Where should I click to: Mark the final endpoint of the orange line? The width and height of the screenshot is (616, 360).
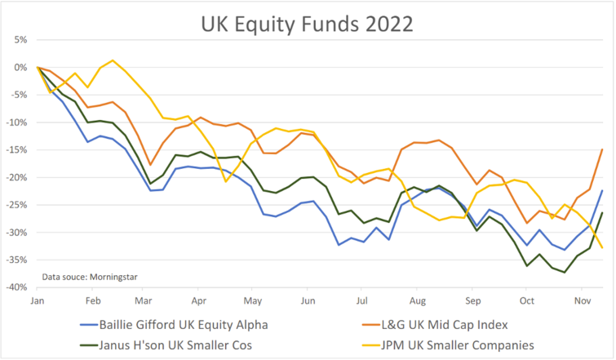[602, 149]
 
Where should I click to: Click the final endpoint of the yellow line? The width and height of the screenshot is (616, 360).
[602, 247]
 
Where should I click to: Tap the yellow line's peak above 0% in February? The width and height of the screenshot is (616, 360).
[113, 60]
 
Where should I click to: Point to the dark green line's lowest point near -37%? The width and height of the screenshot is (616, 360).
[565, 272]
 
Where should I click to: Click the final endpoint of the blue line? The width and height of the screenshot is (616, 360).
[602, 191]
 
